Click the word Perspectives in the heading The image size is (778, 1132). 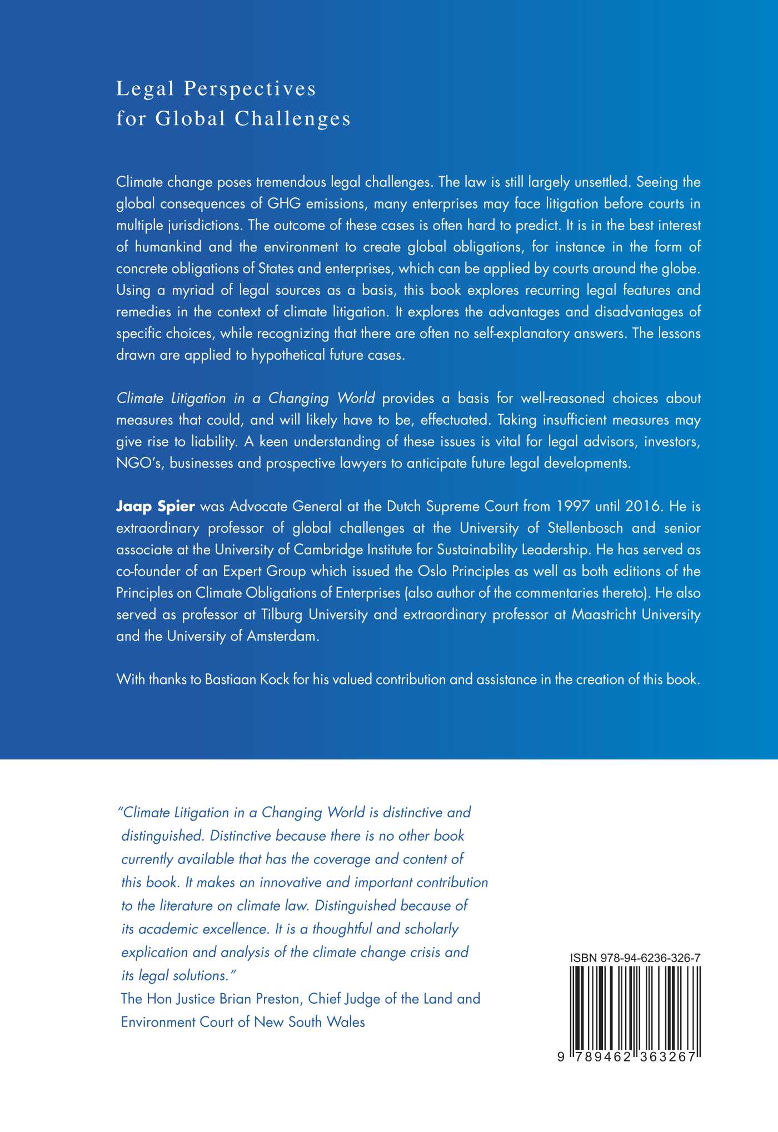(250, 89)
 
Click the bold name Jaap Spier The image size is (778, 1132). (156, 507)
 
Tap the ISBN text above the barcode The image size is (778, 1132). (635, 958)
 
